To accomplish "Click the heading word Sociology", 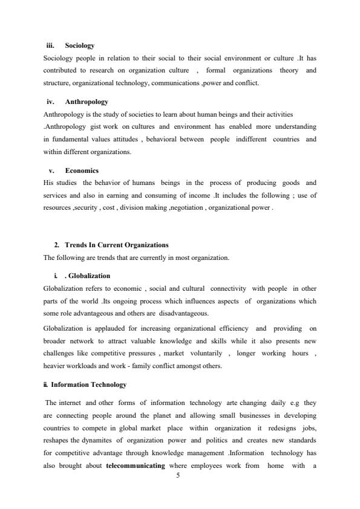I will click(x=79, y=45).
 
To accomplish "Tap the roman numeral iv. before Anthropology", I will click(x=51, y=102).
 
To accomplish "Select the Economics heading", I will click(x=82, y=170).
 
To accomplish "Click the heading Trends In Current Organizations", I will click(x=116, y=245).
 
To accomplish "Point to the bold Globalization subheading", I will click(x=87, y=276).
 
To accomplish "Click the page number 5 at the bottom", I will click(x=178, y=475).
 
